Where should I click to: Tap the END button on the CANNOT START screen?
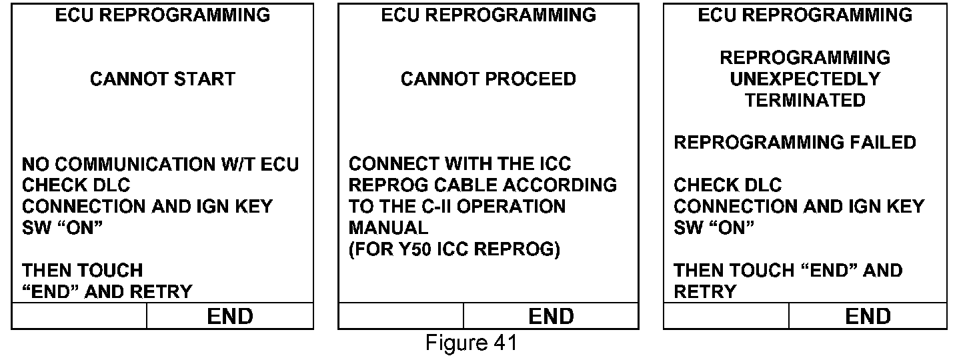(230, 316)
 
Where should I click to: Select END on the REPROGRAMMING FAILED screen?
(868, 316)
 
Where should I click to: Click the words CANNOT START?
(163, 79)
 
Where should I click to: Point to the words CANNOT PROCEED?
(488, 79)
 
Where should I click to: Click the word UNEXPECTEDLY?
(805, 79)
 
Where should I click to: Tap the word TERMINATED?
(805, 101)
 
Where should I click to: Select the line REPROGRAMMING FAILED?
(795, 143)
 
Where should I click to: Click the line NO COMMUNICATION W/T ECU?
(161, 164)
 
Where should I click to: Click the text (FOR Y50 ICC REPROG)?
(453, 249)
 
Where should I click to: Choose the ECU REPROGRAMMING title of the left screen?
(163, 15)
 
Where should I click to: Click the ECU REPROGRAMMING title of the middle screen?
(488, 15)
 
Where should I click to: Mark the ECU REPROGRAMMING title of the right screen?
(805, 15)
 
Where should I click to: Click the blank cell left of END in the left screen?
(79, 316)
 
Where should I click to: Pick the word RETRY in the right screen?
(705, 292)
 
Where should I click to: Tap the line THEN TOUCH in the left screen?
(83, 271)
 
